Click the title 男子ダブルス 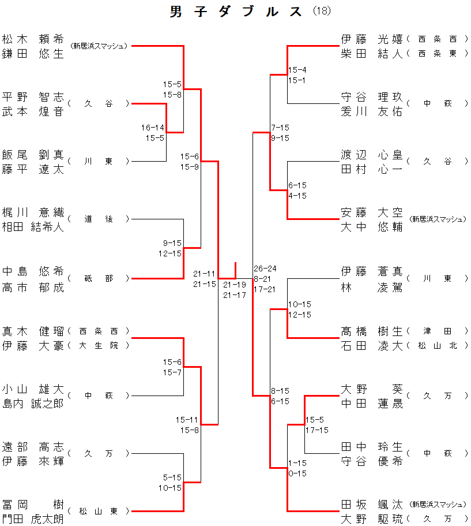(236, 12)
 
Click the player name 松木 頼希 (33, 39)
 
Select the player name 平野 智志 (33, 97)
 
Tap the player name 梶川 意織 (33, 212)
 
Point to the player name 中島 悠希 (33, 271)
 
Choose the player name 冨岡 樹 (33, 504)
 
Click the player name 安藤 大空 (372, 212)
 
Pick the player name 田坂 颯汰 (372, 504)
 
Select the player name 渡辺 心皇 (372, 155)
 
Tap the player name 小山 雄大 (33, 389)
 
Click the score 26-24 (265, 268)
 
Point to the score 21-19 (235, 285)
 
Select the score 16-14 (153, 128)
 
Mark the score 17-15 (316, 430)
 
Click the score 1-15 (297, 463)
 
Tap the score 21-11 (204, 274)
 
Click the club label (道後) (99, 219)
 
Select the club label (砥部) (99, 278)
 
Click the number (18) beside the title (322, 11)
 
